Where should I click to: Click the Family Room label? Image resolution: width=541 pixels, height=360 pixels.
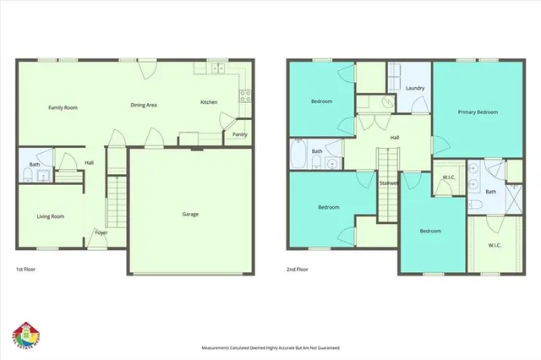[x=63, y=107]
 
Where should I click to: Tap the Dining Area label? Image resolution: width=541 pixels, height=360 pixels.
[x=144, y=105]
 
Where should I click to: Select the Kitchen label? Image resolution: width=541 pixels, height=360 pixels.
[x=208, y=102]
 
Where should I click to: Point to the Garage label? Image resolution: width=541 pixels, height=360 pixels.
[x=190, y=214]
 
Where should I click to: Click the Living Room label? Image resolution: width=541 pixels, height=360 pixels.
[x=51, y=216]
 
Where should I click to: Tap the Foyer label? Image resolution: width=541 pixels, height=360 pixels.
[x=101, y=232]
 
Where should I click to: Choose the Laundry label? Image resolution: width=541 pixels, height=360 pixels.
[x=414, y=88]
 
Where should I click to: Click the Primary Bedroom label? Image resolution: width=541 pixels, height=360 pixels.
[x=478, y=112]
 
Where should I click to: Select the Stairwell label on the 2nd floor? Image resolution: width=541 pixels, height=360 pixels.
[x=389, y=183]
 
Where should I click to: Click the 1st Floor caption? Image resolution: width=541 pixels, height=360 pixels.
[x=25, y=270]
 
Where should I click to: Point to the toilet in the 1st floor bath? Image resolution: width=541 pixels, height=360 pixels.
[x=27, y=175]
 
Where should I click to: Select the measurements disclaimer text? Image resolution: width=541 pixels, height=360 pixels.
[x=270, y=347]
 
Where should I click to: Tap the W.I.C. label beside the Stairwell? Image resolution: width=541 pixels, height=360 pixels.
[x=449, y=177]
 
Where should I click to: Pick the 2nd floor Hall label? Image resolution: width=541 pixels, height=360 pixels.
[x=394, y=137]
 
